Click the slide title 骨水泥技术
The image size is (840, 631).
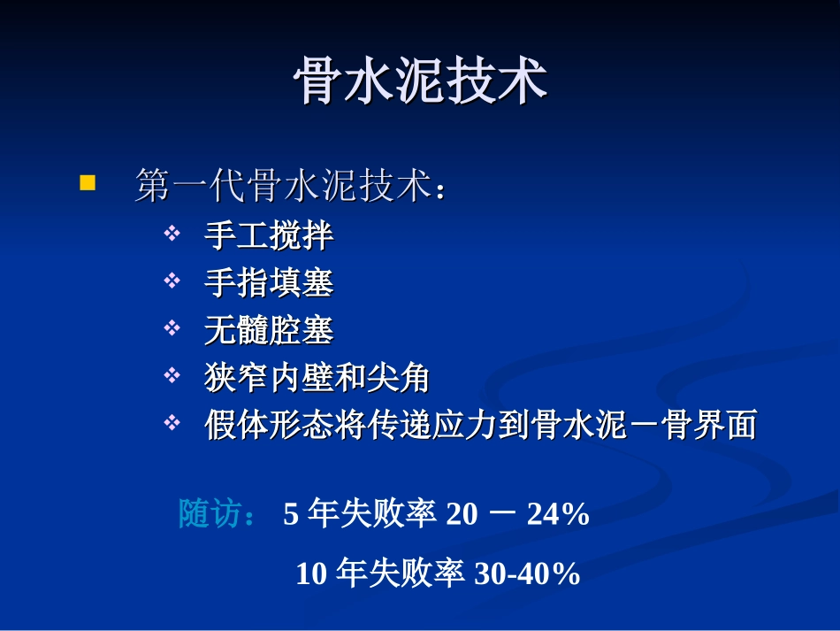420,83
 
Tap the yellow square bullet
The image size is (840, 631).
87,183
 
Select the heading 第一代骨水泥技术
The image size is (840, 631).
290,187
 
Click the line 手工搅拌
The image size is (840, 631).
269,235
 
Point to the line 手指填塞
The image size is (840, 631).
269,283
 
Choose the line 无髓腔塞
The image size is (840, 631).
269,331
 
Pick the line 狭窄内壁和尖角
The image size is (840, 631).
317,379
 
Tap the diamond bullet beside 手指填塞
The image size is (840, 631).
172,281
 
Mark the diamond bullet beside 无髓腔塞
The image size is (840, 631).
172,329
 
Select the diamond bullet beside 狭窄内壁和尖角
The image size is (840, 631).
172,377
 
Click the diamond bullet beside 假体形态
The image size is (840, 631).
172,425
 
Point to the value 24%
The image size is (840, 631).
558,514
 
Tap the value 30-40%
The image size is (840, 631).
527,574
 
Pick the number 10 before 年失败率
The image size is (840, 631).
311,574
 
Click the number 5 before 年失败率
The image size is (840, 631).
291,514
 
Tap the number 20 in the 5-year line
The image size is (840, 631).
461,514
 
